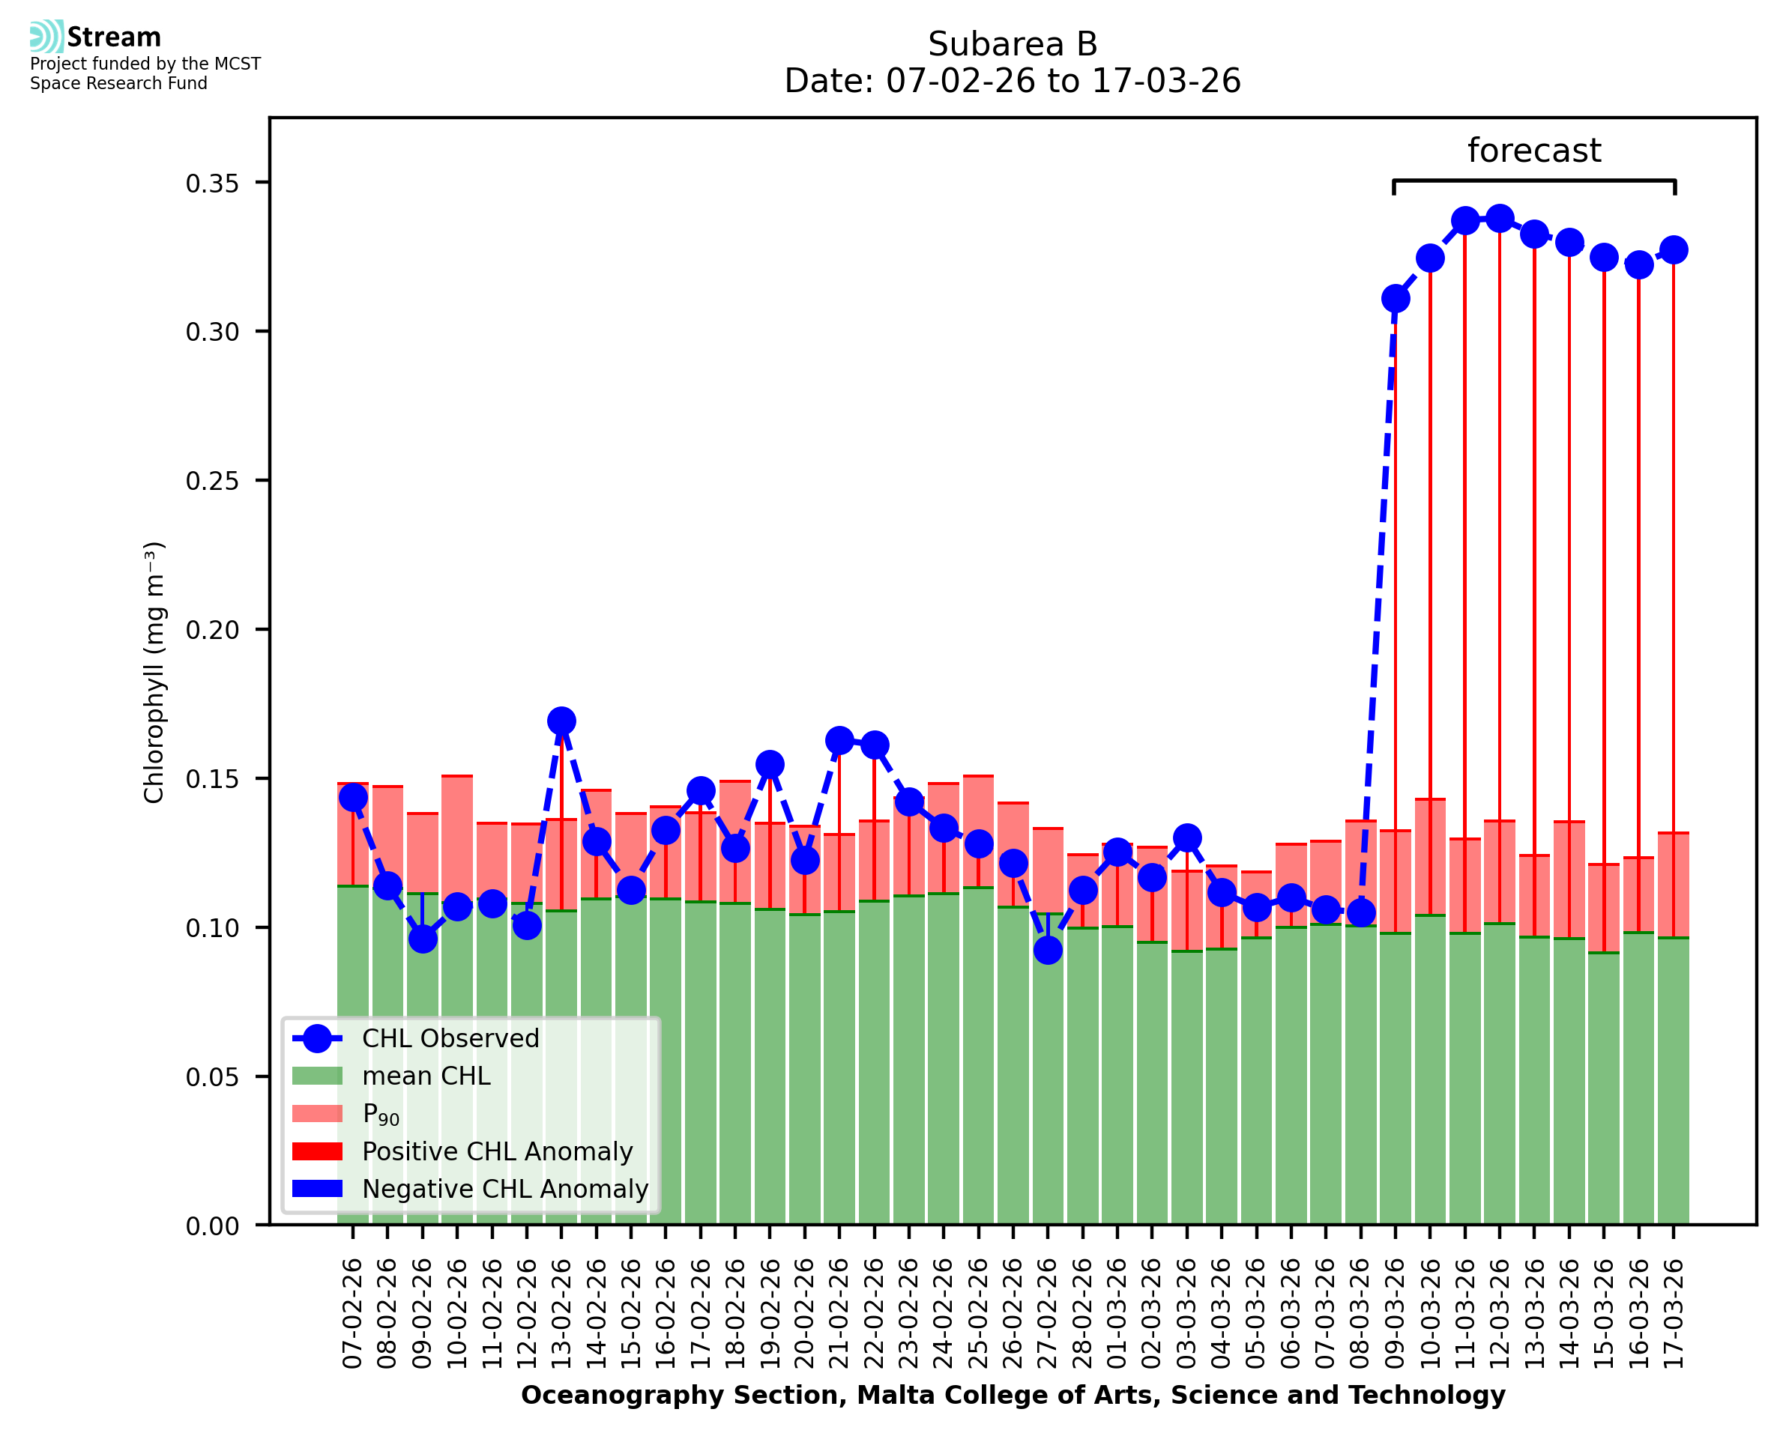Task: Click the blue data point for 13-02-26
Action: [x=561, y=721]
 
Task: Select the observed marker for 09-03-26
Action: [x=1396, y=298]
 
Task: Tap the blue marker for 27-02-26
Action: [x=1048, y=950]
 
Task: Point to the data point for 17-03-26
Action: [x=1674, y=249]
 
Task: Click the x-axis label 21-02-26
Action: [x=840, y=1314]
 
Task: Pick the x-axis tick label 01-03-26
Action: [x=1117, y=1314]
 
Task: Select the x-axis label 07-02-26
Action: [x=353, y=1314]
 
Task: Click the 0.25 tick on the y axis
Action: [x=212, y=481]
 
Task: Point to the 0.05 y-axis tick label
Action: [x=212, y=1076]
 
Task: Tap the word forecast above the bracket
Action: [x=1534, y=151]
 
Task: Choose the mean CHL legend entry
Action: [x=426, y=1076]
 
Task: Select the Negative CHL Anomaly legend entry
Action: [x=505, y=1189]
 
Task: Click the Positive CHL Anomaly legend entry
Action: [x=498, y=1151]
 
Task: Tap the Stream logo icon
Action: [x=46, y=37]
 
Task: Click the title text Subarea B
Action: [x=1013, y=44]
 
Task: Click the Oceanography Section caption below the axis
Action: [x=1013, y=1395]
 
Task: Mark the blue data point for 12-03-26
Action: [x=1499, y=219]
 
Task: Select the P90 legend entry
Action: [x=381, y=1114]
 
